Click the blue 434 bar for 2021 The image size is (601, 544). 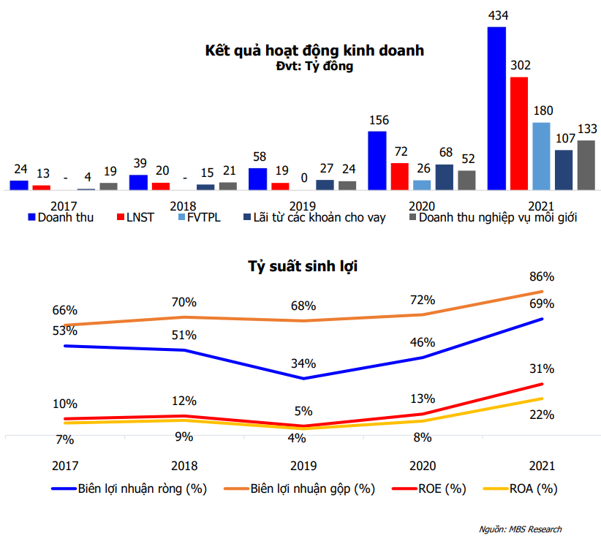point(496,108)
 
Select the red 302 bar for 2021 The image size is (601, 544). point(519,133)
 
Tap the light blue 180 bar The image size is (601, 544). point(541,156)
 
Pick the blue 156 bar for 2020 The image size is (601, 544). point(377,160)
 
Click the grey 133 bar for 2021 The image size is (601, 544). point(586,165)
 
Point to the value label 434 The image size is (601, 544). point(497,15)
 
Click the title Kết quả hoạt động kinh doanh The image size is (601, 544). point(314,51)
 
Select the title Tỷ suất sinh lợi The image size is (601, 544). point(303,266)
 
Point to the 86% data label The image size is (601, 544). point(543,277)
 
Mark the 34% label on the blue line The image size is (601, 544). point(303,363)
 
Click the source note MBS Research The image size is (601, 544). point(521,529)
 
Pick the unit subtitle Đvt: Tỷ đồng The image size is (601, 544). point(315,67)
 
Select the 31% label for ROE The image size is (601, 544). point(543,369)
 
